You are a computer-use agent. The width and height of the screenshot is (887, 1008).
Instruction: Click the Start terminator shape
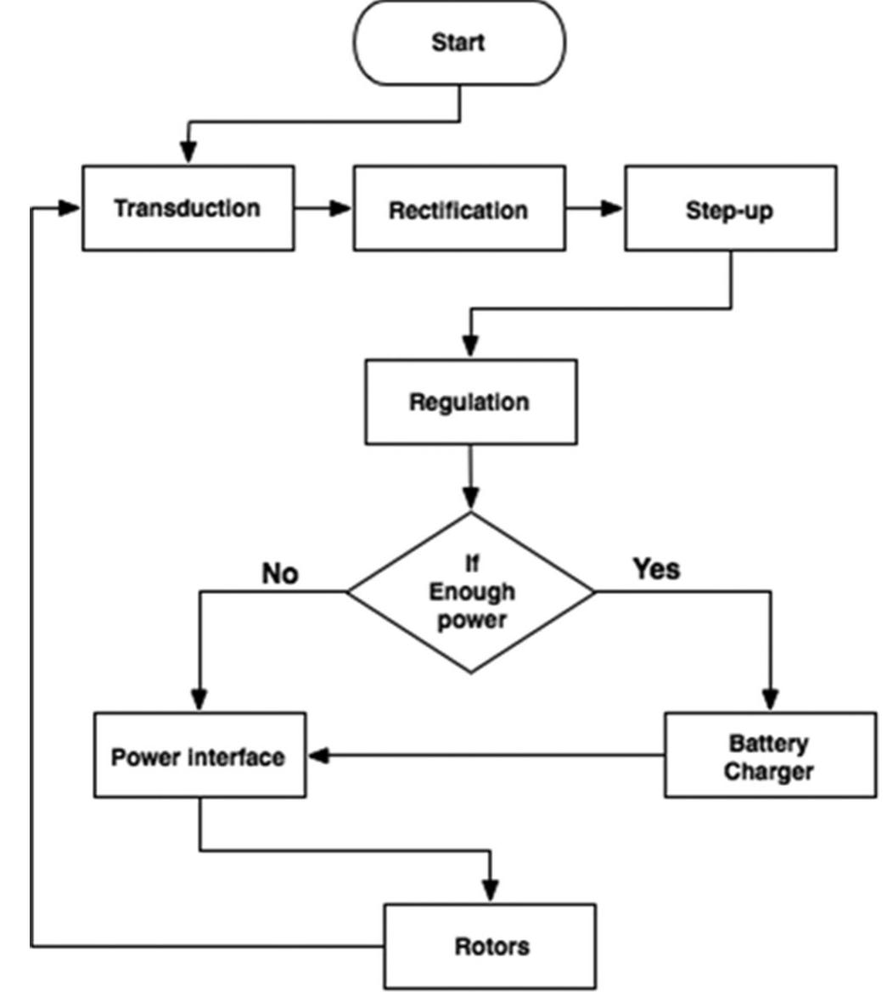pos(458,42)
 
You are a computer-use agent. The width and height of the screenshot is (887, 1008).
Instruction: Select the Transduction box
pos(188,209)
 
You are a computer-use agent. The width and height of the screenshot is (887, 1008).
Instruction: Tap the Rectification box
pos(458,209)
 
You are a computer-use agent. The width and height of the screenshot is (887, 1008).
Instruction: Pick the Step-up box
pos(730,209)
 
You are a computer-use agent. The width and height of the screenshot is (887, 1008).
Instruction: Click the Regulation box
pos(470,402)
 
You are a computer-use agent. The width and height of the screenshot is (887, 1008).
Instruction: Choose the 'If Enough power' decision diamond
pos(471,592)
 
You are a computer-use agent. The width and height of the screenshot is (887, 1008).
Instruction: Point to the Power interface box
pos(199,756)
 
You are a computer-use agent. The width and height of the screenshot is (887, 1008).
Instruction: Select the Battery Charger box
pos(769,756)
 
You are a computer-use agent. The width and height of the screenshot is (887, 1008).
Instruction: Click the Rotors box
pos(490,946)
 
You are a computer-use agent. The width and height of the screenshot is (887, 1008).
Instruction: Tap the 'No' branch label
pos(280,574)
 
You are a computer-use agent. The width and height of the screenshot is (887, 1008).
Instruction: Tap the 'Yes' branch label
pos(656,569)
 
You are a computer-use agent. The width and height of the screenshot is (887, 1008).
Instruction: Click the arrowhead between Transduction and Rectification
pos(340,209)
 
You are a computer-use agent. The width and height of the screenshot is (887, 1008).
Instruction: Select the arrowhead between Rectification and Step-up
pos(611,209)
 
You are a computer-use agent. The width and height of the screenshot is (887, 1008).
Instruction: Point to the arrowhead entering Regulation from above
pos(470,348)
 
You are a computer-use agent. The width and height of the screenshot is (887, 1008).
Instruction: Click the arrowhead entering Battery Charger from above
pos(770,700)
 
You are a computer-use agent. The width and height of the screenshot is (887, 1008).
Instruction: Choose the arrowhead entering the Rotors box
pos(490,892)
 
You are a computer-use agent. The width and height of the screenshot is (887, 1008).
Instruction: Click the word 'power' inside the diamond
pos(472,620)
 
